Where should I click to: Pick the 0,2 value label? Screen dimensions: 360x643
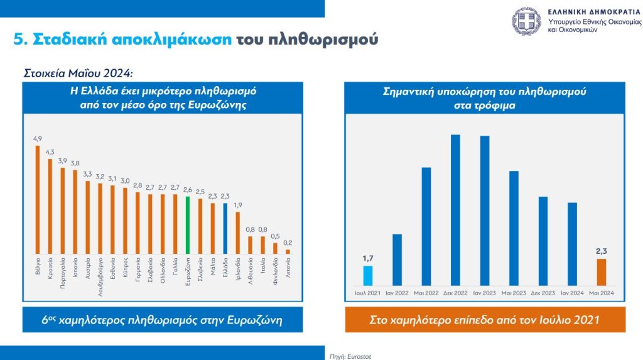(288, 243)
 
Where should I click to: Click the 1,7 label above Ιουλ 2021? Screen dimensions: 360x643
(368, 257)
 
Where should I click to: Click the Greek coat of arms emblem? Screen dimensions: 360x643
(526, 21)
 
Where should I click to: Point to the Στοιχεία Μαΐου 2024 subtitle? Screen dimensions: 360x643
(79, 72)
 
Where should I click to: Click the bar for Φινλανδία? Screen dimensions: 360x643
(275, 247)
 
